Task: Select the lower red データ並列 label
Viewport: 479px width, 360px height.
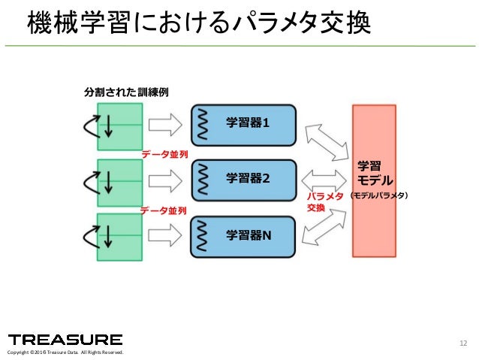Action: pyautogui.click(x=164, y=211)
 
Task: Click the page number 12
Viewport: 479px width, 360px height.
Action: pyautogui.click(x=462, y=344)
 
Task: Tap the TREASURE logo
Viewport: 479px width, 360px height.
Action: pyautogui.click(x=65, y=339)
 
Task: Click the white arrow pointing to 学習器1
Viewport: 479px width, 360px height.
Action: pyautogui.click(x=165, y=124)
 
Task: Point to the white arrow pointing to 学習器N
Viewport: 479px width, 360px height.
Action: pyautogui.click(x=165, y=237)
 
